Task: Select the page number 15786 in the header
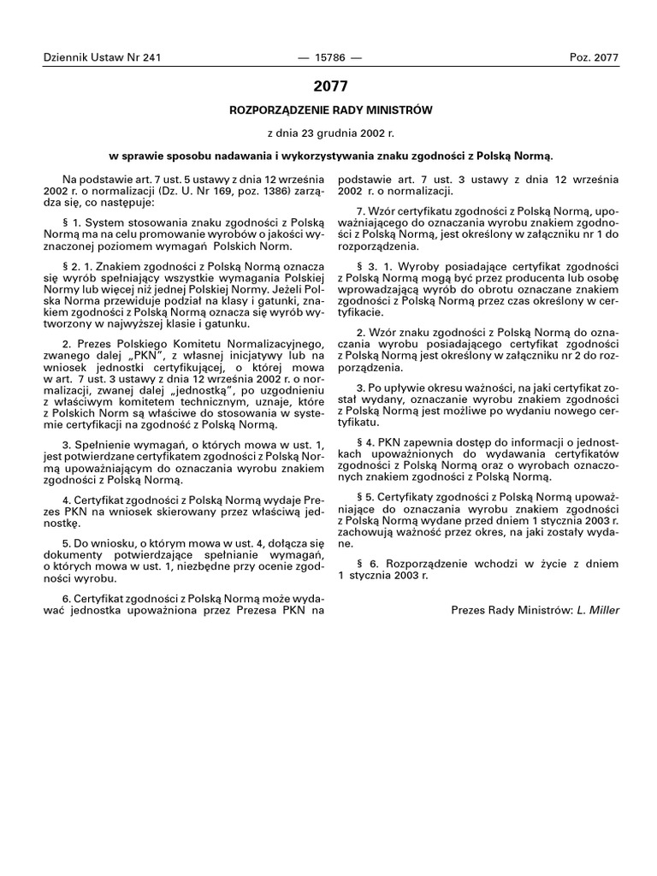tap(328, 57)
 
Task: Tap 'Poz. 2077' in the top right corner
tap(593, 57)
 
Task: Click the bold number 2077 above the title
tap(329, 86)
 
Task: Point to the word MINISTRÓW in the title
tap(396, 110)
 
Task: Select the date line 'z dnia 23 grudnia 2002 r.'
tap(328, 133)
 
